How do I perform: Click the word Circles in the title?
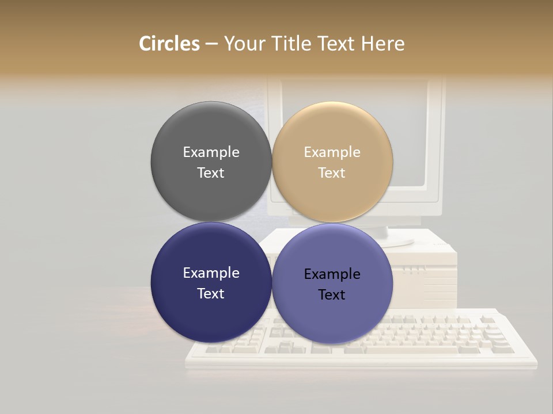click(x=169, y=44)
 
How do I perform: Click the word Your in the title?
click(x=244, y=44)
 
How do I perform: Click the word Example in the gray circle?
click(x=211, y=152)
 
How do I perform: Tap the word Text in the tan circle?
click(x=332, y=172)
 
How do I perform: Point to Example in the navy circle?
click(x=211, y=273)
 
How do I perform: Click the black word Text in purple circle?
click(x=332, y=294)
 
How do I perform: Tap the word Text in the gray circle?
click(x=211, y=172)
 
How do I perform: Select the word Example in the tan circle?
click(x=332, y=152)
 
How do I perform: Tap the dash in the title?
click(x=211, y=44)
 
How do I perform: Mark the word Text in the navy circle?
click(x=211, y=293)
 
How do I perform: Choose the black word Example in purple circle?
click(x=332, y=274)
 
